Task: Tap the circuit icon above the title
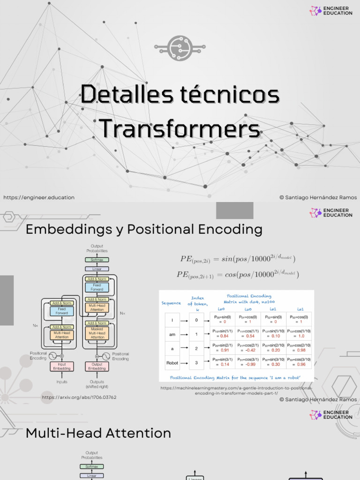point(180,46)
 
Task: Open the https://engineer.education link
point(39,197)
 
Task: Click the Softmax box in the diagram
point(97,260)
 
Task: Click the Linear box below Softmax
point(97,269)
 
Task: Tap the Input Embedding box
point(62,366)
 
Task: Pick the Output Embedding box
point(97,366)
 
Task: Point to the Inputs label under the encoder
point(62,382)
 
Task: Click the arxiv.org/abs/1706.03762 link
point(79,397)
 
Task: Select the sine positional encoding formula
point(238,259)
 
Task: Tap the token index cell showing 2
point(196,349)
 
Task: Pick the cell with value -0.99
point(250,364)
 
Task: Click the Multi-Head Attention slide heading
point(98,433)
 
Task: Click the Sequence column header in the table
point(171,303)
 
